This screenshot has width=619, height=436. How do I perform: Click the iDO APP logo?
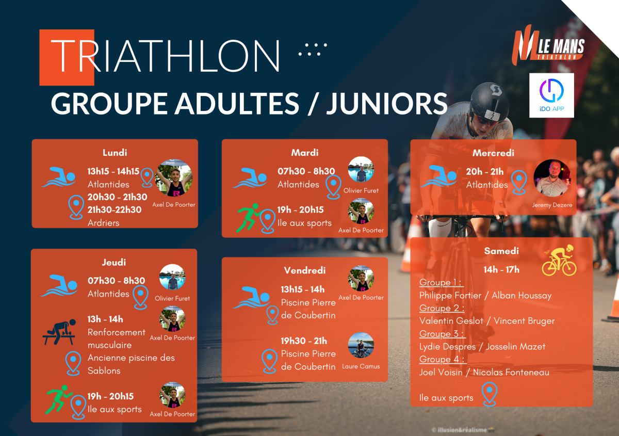click(551, 95)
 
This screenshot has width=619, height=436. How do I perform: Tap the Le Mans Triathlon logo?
click(548, 45)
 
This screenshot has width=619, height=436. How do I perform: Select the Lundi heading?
click(115, 153)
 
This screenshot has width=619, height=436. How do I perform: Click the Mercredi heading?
click(493, 153)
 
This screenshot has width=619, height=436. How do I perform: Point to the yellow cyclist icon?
click(559, 260)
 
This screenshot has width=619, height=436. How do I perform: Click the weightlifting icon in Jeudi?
click(59, 332)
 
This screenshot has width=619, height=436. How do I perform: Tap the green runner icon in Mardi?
click(248, 218)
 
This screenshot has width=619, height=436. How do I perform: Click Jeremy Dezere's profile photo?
click(552, 178)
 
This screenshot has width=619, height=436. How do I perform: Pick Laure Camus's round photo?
click(361, 345)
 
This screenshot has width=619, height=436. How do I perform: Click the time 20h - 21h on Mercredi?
click(485, 172)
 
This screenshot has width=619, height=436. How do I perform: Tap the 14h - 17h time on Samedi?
click(501, 269)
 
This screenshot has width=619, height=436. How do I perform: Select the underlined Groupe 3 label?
click(443, 334)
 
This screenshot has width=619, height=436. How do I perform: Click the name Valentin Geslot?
click(451, 321)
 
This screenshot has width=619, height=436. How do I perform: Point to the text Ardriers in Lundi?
click(103, 223)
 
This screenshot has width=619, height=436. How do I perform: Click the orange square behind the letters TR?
click(67, 57)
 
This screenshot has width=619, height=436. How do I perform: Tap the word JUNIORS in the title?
click(386, 103)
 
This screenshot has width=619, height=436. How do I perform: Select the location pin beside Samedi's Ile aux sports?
click(490, 394)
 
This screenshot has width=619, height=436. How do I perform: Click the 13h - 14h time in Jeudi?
click(105, 319)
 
